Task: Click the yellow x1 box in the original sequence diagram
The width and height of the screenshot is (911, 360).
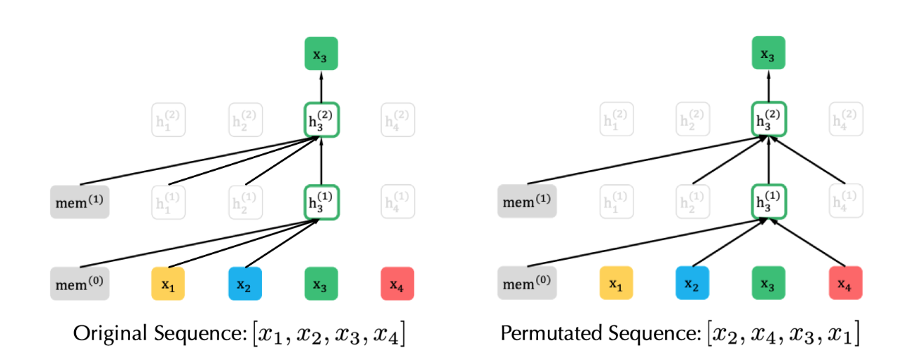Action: [168, 284]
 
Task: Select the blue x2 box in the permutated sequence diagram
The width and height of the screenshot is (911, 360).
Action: [692, 284]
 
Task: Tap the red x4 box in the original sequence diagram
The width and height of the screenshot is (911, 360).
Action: [397, 284]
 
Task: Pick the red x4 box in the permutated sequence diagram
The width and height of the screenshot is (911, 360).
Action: [845, 284]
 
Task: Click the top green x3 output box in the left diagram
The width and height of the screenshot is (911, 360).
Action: [321, 54]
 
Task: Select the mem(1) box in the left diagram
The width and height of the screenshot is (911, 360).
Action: [80, 203]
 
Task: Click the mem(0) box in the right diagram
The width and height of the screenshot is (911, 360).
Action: [528, 284]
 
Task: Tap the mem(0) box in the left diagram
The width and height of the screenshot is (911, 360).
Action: [80, 284]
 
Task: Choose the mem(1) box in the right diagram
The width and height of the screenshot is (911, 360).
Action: [528, 203]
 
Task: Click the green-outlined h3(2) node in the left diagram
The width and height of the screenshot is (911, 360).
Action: [321, 120]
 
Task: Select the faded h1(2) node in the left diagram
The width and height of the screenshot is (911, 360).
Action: [168, 121]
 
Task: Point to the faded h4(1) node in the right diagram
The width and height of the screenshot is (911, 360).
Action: [845, 202]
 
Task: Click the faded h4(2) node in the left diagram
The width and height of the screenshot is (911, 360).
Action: [397, 121]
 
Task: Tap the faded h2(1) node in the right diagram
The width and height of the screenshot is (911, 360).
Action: [692, 202]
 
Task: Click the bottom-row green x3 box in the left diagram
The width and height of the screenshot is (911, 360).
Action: [321, 284]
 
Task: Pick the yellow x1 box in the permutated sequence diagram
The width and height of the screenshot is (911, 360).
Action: [616, 284]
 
